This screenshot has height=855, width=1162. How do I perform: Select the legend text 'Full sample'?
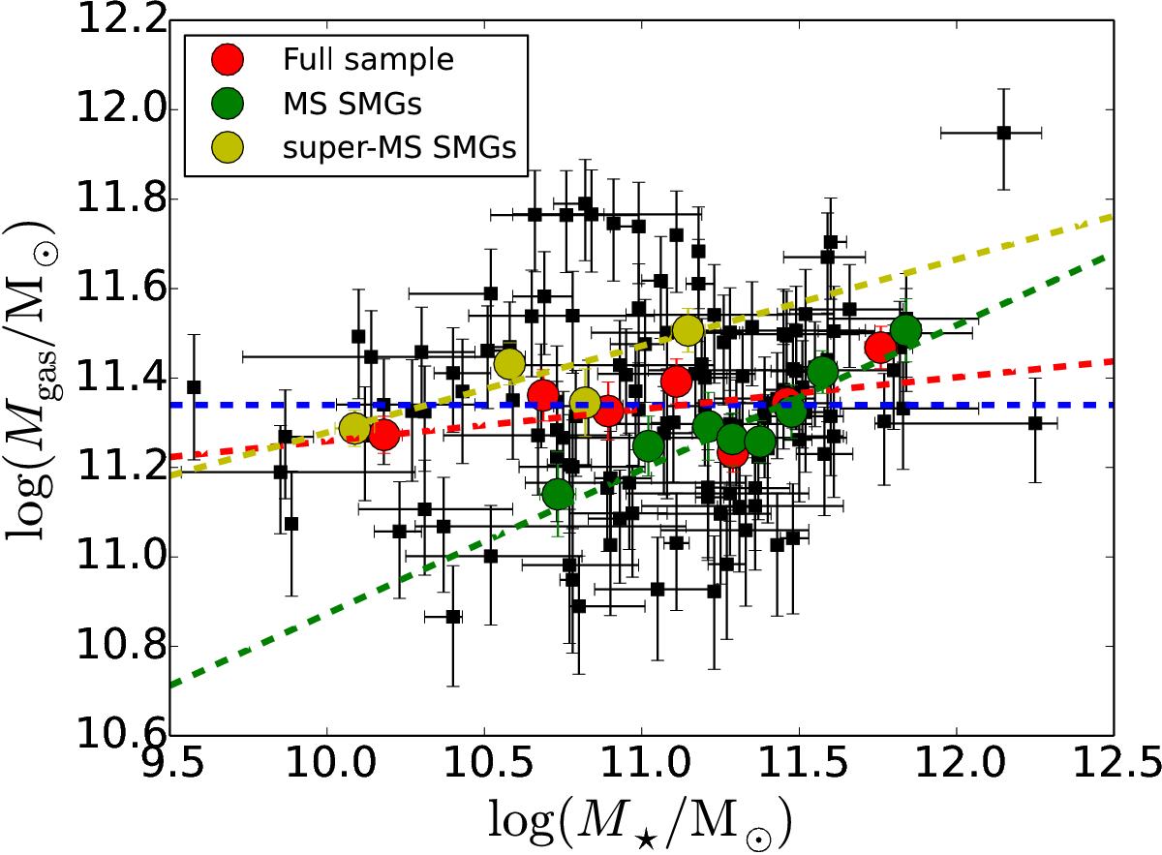[x=368, y=60]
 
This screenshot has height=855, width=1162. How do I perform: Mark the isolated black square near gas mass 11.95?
[x=1004, y=132]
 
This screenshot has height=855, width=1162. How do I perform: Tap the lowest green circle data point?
[x=558, y=495]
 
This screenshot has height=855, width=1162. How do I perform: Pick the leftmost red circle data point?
[x=384, y=435]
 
